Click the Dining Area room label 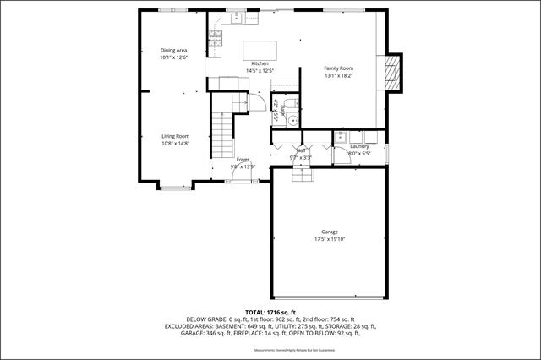click(x=173, y=51)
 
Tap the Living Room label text click(x=176, y=136)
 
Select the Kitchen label click(x=260, y=64)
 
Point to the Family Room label click(x=339, y=68)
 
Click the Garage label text click(x=330, y=232)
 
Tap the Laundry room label click(x=359, y=147)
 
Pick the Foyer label click(x=243, y=160)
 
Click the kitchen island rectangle click(x=260, y=48)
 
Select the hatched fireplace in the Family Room click(x=391, y=74)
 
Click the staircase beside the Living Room click(x=221, y=131)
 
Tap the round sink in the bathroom click(x=292, y=120)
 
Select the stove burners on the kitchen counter click(x=214, y=39)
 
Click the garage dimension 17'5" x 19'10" click(x=330, y=239)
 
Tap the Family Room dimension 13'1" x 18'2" click(x=339, y=76)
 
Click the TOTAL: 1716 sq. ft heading click(x=270, y=312)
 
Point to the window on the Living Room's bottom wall click(x=177, y=186)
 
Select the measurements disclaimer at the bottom click(x=270, y=350)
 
